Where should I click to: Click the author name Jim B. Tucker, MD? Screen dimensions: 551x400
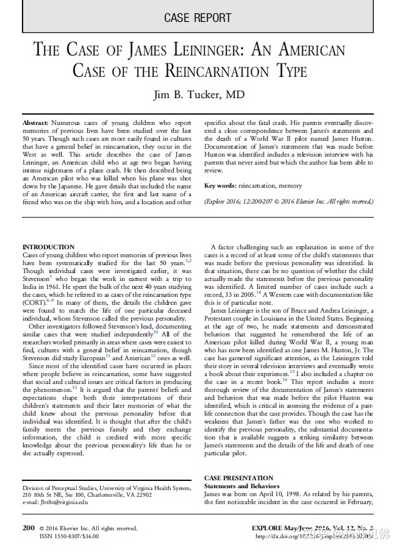pyautogui.click(x=198, y=95)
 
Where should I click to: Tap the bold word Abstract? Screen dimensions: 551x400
pyautogui.click(x=36, y=123)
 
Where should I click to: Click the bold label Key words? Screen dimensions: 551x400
pyautogui.click(x=221, y=185)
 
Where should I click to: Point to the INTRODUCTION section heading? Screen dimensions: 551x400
pyautogui.click(x=48, y=247)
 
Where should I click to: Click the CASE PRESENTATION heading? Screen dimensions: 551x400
pyautogui.click(x=239, y=478)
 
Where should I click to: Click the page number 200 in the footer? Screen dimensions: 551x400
pyautogui.click(x=28, y=528)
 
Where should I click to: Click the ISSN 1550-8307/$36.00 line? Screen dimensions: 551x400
pyautogui.click(x=68, y=536)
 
